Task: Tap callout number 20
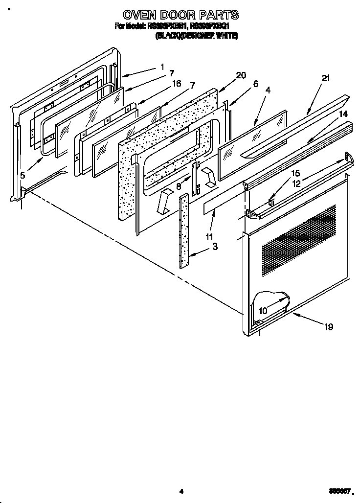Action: (240, 75)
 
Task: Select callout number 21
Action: (326, 78)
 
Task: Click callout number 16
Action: (177, 84)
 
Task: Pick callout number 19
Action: (329, 327)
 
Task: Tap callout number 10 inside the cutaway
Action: (263, 311)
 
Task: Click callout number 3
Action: (214, 247)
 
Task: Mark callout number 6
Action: (255, 84)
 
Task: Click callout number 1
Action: (162, 68)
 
